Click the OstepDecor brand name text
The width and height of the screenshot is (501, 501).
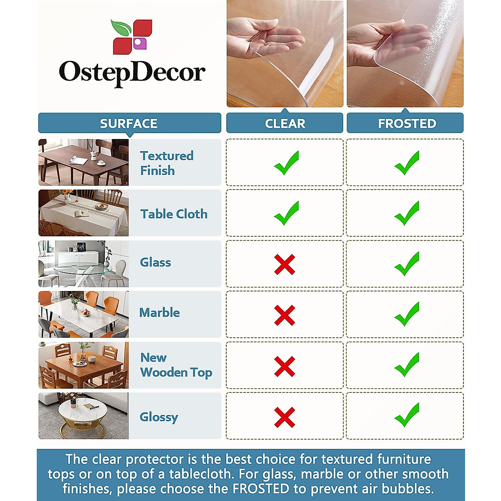(x=132, y=73)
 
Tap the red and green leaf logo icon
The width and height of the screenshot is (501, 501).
(x=132, y=37)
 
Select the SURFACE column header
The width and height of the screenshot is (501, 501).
(x=129, y=124)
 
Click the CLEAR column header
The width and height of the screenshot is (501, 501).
(x=285, y=124)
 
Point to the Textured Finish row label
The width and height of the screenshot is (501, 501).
(x=167, y=163)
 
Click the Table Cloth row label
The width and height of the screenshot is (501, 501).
(x=174, y=214)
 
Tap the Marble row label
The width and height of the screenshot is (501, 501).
(x=159, y=313)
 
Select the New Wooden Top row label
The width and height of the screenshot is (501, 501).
(x=176, y=365)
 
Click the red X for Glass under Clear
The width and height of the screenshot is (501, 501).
(x=285, y=264)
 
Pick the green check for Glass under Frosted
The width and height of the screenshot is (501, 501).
(x=407, y=263)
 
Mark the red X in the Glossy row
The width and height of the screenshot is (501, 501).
(x=285, y=417)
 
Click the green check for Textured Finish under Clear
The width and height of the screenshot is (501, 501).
(x=286, y=162)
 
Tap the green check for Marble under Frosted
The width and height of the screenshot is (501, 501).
(x=407, y=314)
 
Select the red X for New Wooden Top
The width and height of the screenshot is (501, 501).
(x=285, y=366)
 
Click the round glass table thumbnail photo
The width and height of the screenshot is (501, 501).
(x=83, y=264)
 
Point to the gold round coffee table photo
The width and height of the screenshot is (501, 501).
(x=83, y=416)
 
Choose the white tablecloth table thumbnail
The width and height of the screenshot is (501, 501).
(x=83, y=213)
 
